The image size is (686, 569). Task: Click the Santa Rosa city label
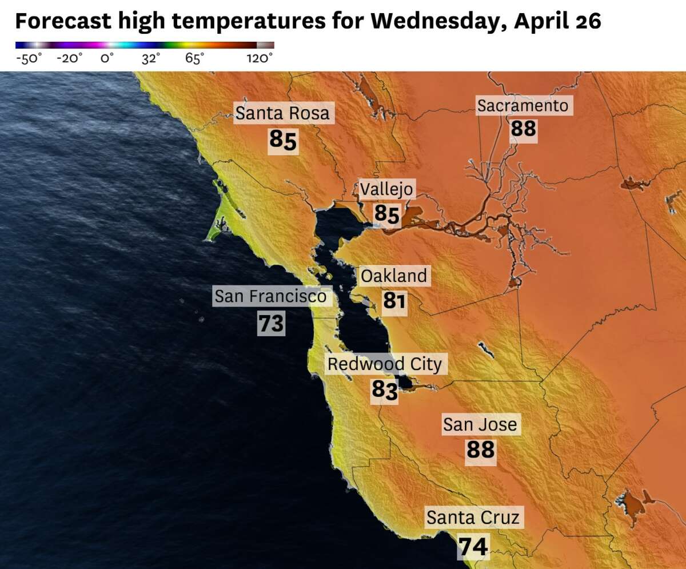282,113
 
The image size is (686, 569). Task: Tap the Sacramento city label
523,106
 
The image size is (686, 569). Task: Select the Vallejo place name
387,189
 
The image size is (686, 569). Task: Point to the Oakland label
394,276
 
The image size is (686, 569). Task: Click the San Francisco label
270,296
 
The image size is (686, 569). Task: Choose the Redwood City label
384,364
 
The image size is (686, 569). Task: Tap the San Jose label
480,424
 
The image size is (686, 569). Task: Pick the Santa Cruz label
473,518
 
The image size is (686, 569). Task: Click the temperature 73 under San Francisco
271,324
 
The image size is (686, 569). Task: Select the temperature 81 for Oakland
394,300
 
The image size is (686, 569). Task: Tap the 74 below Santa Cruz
474,547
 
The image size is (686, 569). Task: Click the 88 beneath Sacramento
524,129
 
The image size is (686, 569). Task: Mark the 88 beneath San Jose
480,449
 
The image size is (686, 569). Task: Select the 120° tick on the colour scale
260,58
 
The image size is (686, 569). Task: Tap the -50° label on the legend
28,58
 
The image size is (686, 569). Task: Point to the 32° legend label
151,58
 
